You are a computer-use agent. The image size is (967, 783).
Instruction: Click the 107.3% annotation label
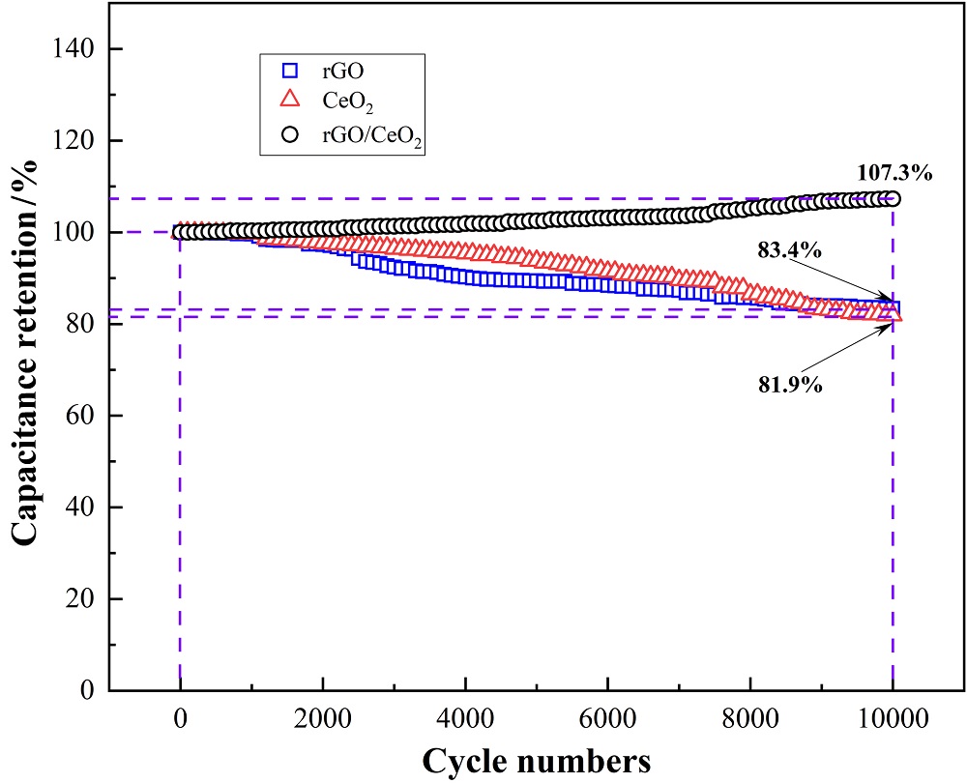894,174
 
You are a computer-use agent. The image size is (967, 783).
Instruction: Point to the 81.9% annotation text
789,386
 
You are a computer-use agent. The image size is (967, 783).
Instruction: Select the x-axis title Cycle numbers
536,760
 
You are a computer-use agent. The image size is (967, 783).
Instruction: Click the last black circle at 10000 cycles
893,199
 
